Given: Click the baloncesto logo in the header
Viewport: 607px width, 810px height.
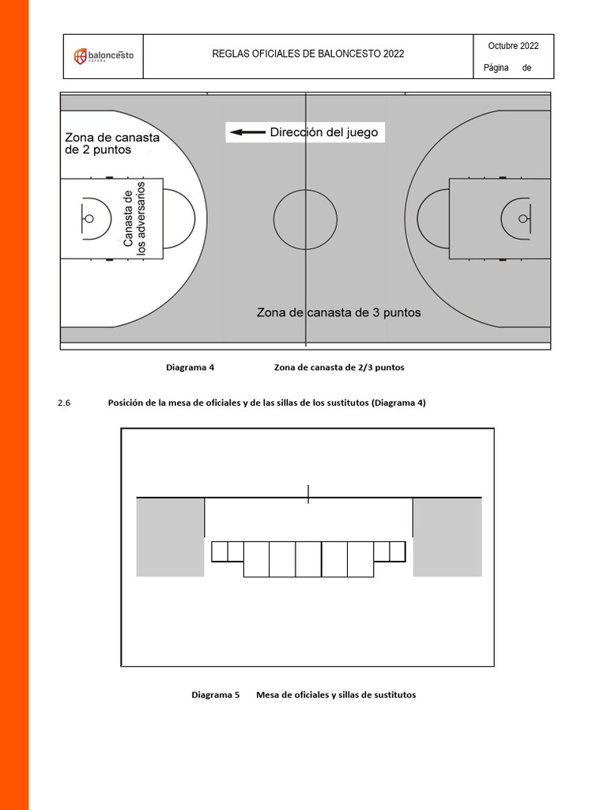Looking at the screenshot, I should [104, 56].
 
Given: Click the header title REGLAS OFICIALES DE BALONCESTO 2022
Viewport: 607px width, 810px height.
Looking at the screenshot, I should [308, 54].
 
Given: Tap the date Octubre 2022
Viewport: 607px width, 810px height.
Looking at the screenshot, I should [513, 46].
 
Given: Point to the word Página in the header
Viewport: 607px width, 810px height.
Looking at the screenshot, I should [496, 68].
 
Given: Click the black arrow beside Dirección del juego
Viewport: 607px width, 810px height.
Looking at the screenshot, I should [247, 133].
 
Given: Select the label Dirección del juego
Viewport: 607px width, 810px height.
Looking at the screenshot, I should [324, 132].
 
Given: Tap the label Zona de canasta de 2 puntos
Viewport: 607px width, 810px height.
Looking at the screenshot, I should [111, 143].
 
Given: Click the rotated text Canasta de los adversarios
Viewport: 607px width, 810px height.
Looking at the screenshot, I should [134, 219].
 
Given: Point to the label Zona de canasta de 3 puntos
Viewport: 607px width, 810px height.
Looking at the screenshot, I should [338, 312].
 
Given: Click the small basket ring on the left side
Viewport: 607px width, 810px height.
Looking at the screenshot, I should [89, 218].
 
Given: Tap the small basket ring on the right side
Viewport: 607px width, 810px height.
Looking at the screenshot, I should [522, 218].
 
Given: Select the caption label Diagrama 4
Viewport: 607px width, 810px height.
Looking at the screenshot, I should [190, 367].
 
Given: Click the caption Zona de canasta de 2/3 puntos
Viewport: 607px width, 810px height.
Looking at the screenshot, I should [339, 367].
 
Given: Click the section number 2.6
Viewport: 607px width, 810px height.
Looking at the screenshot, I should [64, 403].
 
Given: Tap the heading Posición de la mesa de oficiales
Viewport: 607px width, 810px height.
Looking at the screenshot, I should [266, 403].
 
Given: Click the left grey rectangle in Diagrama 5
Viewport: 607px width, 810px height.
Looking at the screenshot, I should [170, 537].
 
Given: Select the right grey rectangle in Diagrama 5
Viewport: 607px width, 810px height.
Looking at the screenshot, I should [447, 537].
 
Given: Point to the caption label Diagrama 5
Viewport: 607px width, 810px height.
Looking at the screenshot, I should [215, 695].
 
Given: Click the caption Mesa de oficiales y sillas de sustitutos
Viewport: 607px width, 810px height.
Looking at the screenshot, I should [336, 695].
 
